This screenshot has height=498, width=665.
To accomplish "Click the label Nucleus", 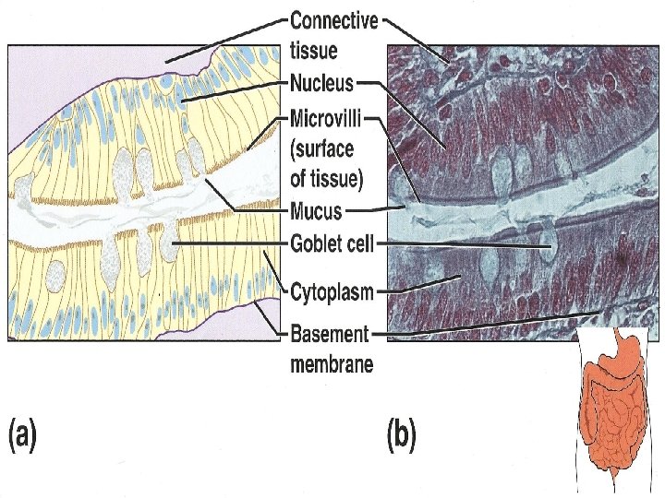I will click(321, 84).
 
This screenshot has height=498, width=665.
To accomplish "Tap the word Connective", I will click(333, 20).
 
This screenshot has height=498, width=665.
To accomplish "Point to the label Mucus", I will click(316, 211).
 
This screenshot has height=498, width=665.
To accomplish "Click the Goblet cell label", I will click(332, 244).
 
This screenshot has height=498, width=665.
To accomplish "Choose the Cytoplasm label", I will click(332, 294).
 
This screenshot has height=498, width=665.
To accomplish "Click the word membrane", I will click(332, 364).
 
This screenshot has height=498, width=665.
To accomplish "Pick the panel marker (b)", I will click(402, 434).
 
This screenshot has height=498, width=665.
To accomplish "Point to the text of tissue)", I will click(327, 177).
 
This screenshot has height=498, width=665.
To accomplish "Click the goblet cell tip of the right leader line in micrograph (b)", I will click(547, 246).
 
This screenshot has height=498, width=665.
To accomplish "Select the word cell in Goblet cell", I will click(359, 244).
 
